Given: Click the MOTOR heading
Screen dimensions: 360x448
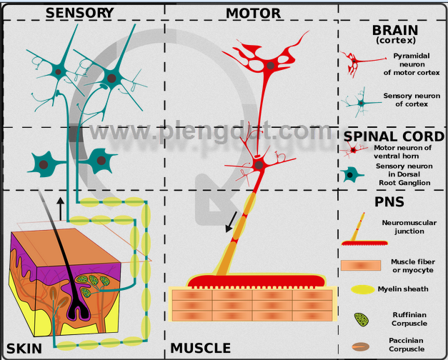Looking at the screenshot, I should pyautogui.click(x=252, y=13).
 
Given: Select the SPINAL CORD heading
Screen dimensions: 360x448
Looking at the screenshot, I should pyautogui.click(x=394, y=136).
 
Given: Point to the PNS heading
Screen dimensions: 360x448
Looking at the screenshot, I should pyautogui.click(x=389, y=201).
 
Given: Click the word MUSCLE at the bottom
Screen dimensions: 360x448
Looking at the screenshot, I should pyautogui.click(x=201, y=349).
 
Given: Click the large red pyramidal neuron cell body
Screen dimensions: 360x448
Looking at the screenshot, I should pyautogui.click(x=270, y=66).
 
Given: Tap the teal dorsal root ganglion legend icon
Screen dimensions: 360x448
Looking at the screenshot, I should pyautogui.click(x=351, y=174).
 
